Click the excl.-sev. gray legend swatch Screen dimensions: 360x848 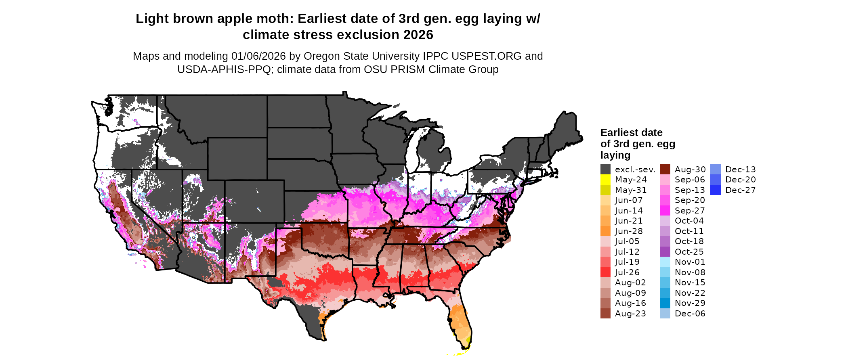[x=605, y=170]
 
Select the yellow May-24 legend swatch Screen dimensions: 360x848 [x=605, y=180]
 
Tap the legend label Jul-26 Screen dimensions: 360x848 [x=627, y=272]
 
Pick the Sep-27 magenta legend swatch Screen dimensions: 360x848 [x=665, y=211]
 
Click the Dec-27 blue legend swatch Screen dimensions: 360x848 [x=716, y=190]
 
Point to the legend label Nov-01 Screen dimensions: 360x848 [x=690, y=262]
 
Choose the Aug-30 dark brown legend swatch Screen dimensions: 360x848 [x=665, y=170]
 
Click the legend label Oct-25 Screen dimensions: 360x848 [x=689, y=252]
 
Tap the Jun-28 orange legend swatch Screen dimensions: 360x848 [x=605, y=231]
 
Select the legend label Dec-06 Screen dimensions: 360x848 [x=690, y=314]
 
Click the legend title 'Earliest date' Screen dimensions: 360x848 [x=631, y=133]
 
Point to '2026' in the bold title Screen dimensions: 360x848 [x=418, y=35]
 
